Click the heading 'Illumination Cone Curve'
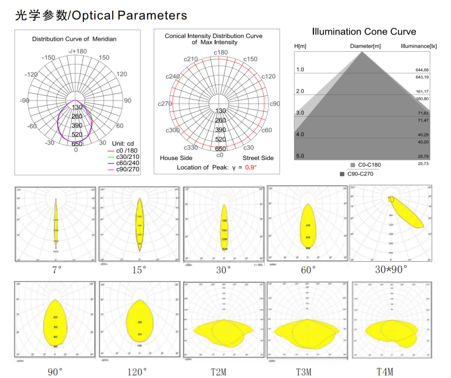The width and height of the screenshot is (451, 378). coord(364,32)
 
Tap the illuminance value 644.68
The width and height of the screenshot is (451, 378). coord(422,70)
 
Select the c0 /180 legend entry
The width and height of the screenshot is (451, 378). coord(127,150)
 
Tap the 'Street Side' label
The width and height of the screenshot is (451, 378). coord(258,157)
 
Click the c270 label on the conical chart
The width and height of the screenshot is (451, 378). coord(166,104)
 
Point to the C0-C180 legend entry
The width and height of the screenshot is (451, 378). coord(368,165)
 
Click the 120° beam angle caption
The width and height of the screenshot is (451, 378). coord(137,372)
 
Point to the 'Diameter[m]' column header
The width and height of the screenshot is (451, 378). coord(365,45)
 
